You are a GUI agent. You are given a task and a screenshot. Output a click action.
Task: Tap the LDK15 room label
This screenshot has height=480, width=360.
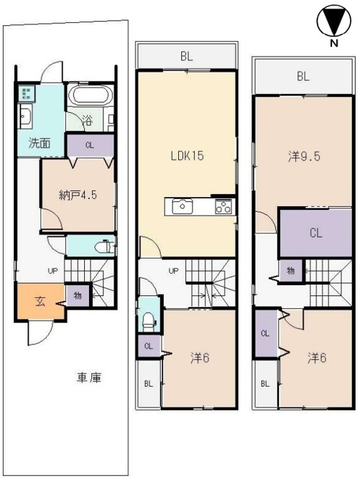pos(187,156)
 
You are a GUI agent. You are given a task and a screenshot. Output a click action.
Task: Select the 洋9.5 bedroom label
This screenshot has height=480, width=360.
pos(304,157)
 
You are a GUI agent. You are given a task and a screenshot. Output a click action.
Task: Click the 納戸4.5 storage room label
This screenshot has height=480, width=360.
pos(78,195)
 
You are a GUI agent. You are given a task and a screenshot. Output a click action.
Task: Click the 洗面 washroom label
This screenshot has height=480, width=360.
pos(40,143)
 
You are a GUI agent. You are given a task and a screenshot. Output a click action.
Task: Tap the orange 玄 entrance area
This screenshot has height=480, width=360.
pos(40,302)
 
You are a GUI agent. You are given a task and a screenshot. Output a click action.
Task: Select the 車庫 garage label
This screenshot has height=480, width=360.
pos(89,379)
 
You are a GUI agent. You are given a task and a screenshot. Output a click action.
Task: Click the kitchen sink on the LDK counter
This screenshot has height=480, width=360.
pos(183,206)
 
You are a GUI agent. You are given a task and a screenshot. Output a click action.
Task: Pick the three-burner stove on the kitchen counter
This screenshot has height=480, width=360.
pos(223,206)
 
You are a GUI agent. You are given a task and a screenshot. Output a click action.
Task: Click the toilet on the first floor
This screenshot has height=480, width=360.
pos(104,246)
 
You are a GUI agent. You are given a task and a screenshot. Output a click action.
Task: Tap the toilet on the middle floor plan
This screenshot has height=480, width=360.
pos(149,321)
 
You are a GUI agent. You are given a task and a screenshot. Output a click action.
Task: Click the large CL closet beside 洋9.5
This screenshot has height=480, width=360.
pos(315,234)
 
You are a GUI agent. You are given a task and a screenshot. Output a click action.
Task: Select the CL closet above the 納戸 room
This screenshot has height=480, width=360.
pos(91,145)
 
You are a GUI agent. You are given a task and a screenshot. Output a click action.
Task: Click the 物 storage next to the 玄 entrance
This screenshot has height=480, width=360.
pos(78,296)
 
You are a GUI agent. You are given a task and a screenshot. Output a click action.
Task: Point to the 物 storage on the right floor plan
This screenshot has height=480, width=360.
pos(290,271)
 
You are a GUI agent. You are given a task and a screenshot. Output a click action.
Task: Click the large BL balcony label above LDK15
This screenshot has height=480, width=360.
pos(186,57)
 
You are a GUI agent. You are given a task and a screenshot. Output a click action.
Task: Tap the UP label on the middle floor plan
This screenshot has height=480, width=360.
pos(174,271)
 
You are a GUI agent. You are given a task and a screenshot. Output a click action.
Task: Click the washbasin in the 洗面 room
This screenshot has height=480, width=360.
pos(24,116)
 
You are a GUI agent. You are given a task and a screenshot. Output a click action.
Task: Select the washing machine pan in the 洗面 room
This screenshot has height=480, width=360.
pos(26,93)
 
